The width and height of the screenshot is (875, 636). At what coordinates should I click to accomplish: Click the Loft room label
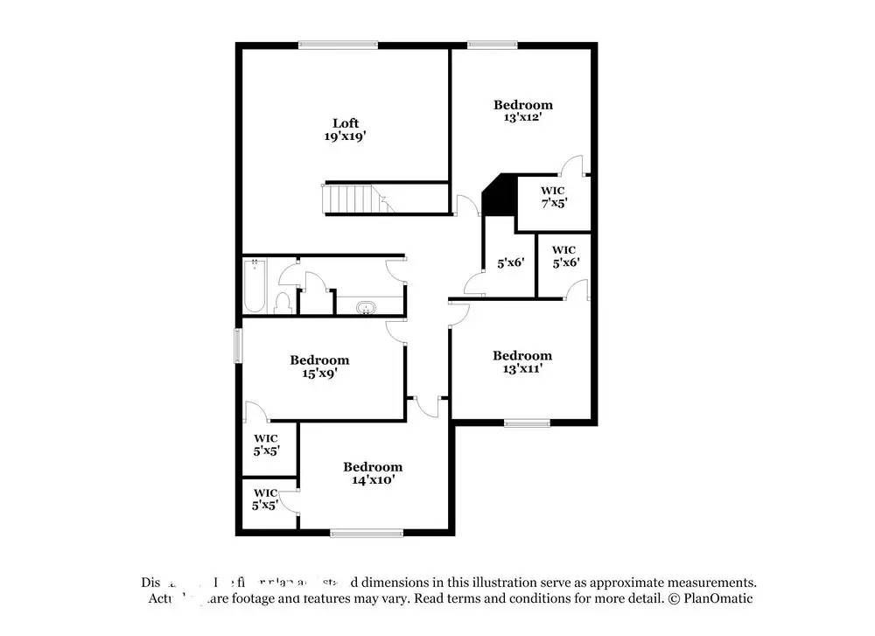[345, 122]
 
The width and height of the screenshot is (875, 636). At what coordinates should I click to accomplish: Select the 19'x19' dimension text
[345, 136]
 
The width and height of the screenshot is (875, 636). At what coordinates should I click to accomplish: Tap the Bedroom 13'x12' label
[523, 105]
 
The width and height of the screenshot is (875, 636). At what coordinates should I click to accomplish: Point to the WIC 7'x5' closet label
[552, 196]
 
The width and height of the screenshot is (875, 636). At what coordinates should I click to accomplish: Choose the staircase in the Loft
[357, 199]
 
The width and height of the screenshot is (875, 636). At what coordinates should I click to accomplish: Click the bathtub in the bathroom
[253, 286]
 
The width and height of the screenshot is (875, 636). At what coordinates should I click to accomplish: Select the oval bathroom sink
[366, 307]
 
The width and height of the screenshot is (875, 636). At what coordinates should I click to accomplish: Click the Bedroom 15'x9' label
[319, 360]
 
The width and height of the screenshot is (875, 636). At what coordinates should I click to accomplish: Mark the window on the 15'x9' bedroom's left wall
[238, 345]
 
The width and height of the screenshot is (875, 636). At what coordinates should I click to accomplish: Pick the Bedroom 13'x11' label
[522, 355]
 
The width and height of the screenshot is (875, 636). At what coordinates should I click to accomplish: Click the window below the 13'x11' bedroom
[528, 423]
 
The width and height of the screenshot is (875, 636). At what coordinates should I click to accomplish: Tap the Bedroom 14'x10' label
[373, 467]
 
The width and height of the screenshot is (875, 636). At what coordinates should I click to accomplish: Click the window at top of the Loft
[338, 45]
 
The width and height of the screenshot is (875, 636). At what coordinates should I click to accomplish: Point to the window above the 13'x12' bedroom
[492, 45]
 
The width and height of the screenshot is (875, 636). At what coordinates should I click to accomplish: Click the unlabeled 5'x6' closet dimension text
[509, 262]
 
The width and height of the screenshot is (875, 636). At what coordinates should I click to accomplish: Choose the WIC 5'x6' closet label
[564, 255]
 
